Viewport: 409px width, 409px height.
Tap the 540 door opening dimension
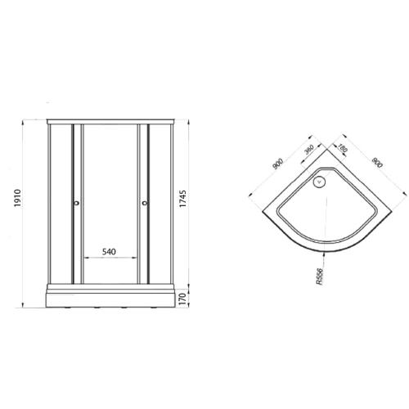(110, 253)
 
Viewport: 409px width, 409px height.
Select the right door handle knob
(146, 204)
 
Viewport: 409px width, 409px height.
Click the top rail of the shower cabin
(110, 122)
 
